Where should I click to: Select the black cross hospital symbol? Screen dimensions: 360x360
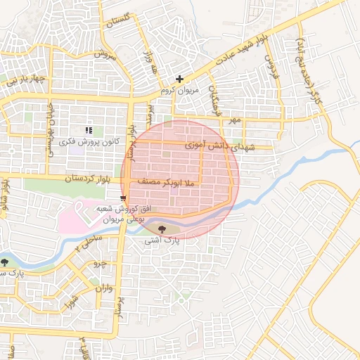pos(180,79)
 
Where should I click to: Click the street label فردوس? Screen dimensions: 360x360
pos(272,68)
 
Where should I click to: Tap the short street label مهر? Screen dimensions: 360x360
pos(234,120)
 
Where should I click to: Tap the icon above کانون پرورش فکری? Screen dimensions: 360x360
pos(89,130)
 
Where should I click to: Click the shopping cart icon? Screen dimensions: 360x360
pos(124,198)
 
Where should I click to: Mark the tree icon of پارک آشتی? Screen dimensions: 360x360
pos(163,228)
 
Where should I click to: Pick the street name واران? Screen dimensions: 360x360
pos(102,288)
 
